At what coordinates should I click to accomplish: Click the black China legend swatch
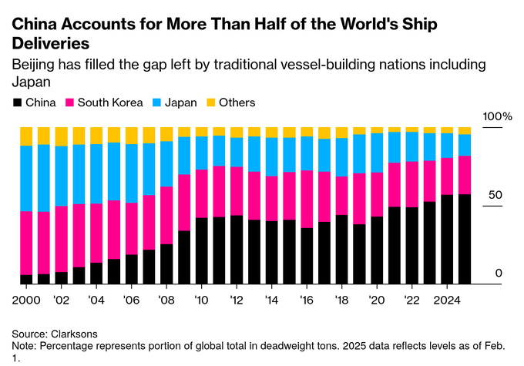tap(17, 102)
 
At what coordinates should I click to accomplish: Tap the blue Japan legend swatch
tap(156, 102)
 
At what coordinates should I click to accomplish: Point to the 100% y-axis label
tap(497, 116)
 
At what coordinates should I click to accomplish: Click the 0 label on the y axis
tap(499, 273)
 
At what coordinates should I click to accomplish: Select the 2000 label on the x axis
tap(25, 299)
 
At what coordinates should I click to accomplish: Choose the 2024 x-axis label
tap(446, 299)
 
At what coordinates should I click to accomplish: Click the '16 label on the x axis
tap(306, 299)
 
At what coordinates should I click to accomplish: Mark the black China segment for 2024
tap(447, 239)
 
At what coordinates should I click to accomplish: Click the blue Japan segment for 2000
tap(26, 178)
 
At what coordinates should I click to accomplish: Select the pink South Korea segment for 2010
tap(201, 193)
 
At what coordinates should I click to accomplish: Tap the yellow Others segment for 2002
tap(61, 136)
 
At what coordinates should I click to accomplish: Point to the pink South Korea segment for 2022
tap(411, 184)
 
